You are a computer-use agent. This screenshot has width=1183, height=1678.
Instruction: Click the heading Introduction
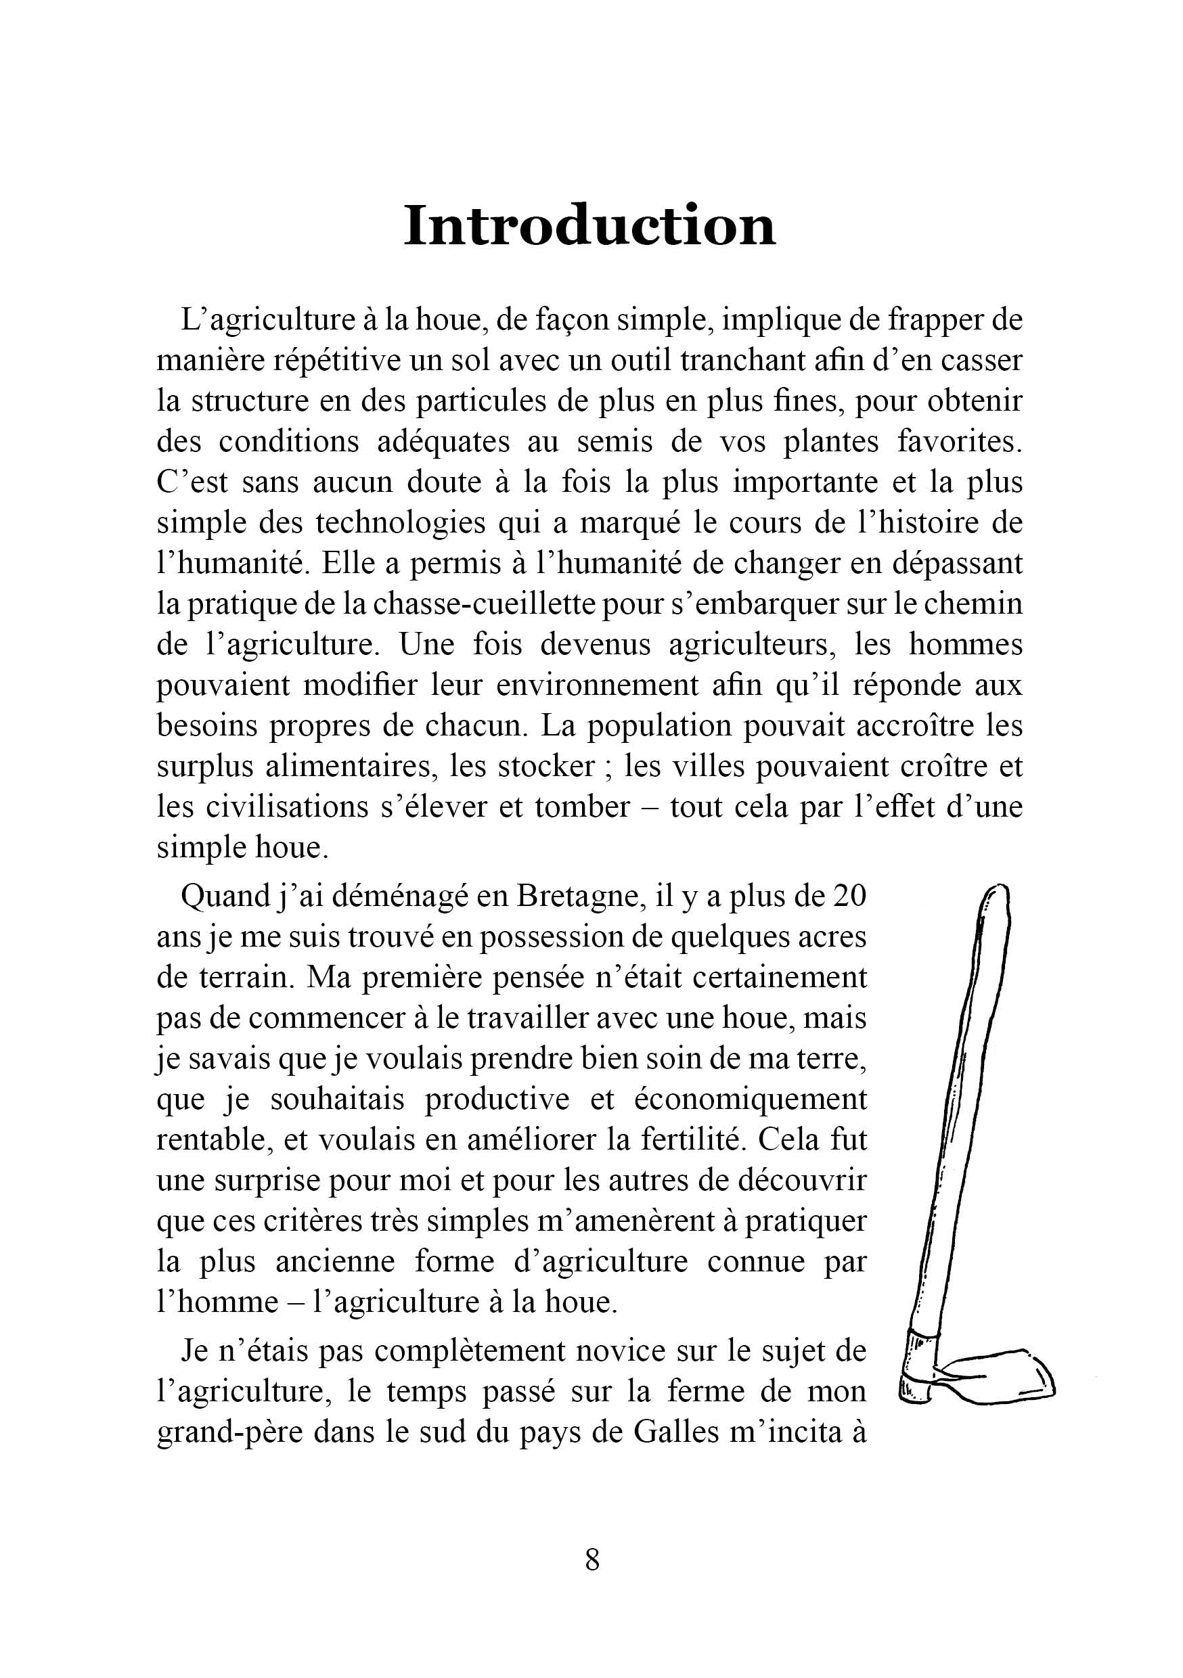[589, 226]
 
